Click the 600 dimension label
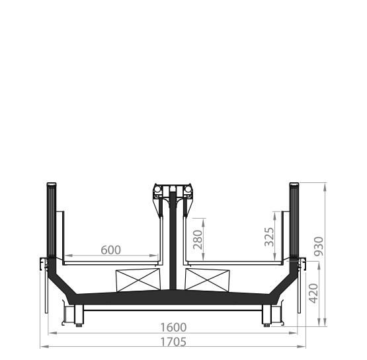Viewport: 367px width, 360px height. [x=110, y=250]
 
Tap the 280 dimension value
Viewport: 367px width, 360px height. [x=198, y=240]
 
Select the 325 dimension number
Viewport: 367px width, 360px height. [x=269, y=236]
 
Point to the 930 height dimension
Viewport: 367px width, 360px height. [x=319, y=246]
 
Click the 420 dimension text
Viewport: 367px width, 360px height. [x=313, y=293]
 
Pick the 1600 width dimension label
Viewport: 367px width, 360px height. [x=173, y=328]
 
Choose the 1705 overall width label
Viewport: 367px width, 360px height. [x=173, y=342]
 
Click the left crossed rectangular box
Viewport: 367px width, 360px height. [x=139, y=280]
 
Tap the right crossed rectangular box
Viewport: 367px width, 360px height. [x=208, y=280]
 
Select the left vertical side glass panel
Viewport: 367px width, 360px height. [x=52, y=220]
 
